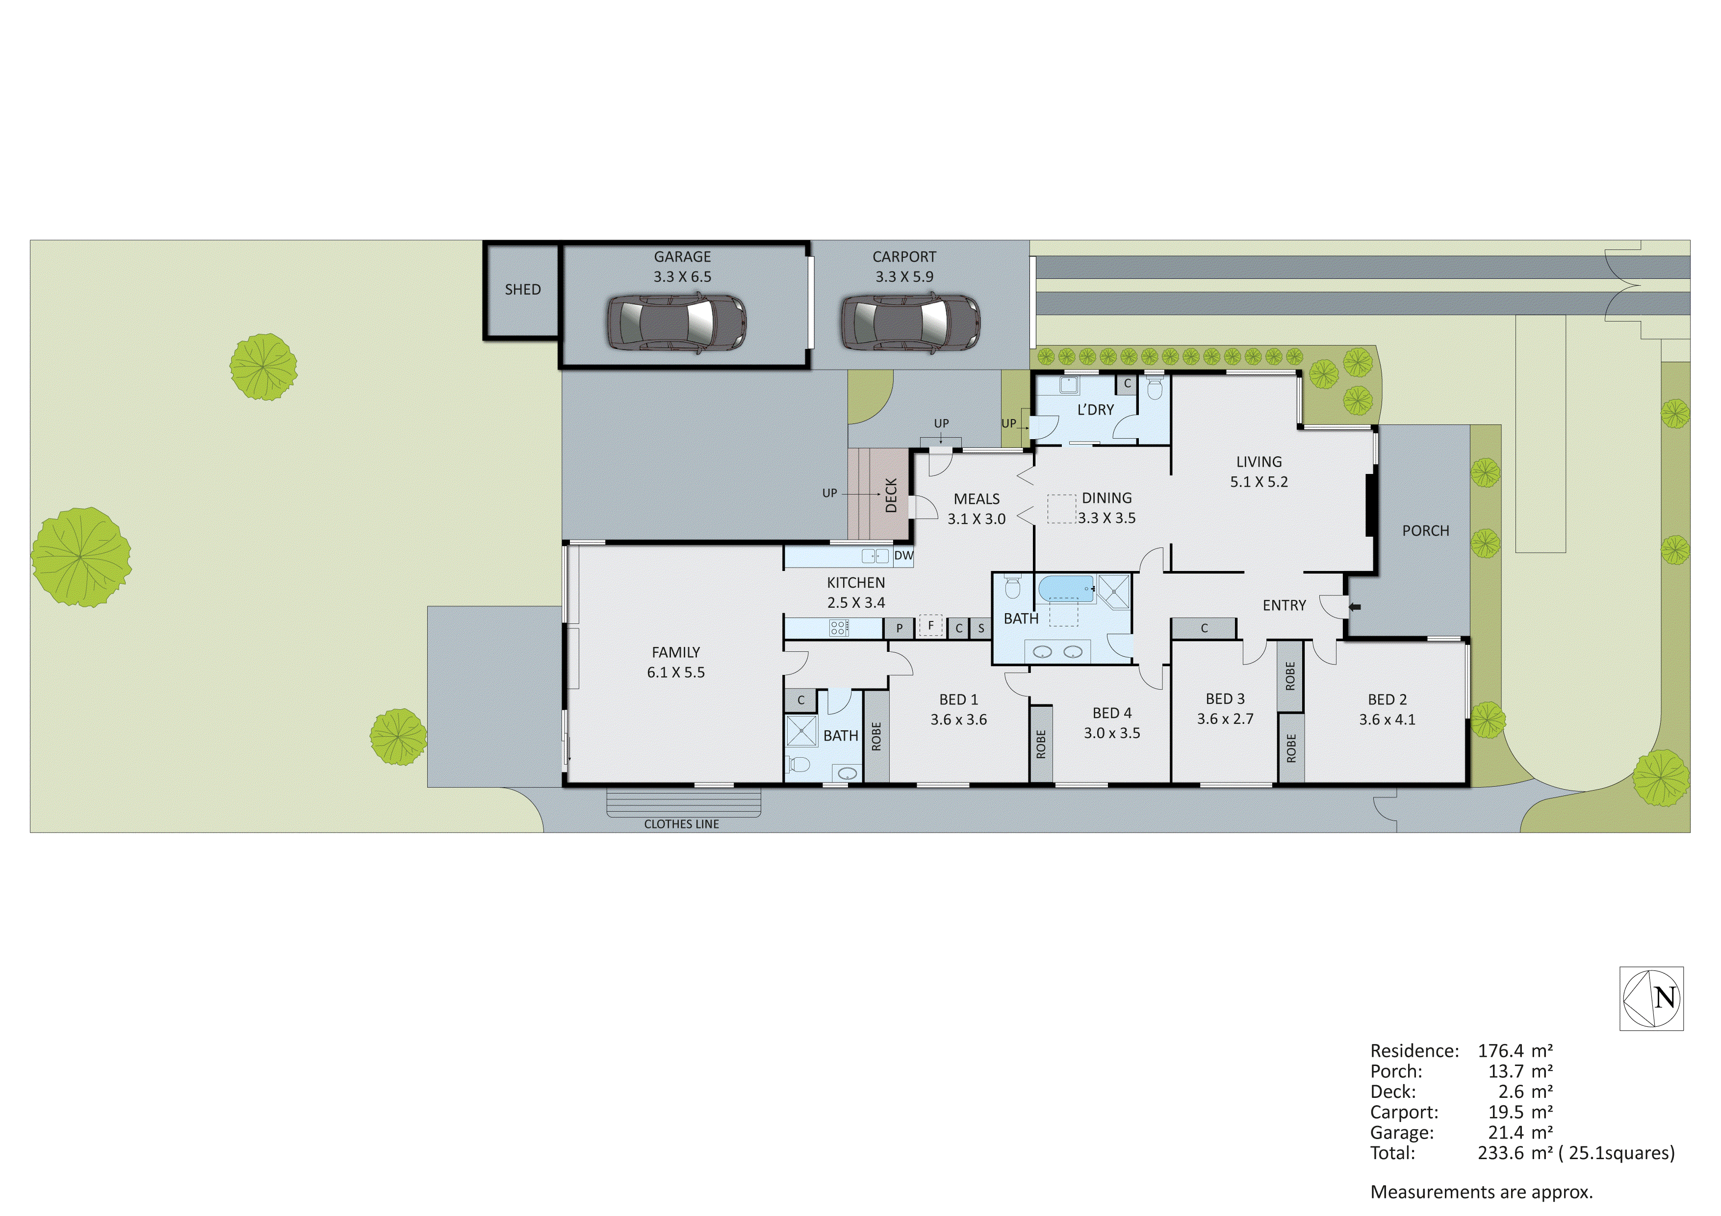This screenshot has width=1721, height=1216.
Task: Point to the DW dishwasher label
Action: [x=903, y=556]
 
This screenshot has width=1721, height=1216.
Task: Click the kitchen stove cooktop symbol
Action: [x=839, y=628]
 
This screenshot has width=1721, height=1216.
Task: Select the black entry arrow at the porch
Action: [x=1355, y=607]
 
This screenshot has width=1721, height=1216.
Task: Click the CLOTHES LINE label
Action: [x=681, y=824]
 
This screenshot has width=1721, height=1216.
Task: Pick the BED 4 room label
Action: [x=1111, y=713]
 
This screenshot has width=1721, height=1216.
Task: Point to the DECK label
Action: [x=891, y=495]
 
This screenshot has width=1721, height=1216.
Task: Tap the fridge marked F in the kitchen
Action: [x=930, y=625]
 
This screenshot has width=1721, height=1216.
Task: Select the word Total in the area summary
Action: [x=1392, y=1153]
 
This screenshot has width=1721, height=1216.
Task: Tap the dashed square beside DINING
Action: [x=1061, y=509]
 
